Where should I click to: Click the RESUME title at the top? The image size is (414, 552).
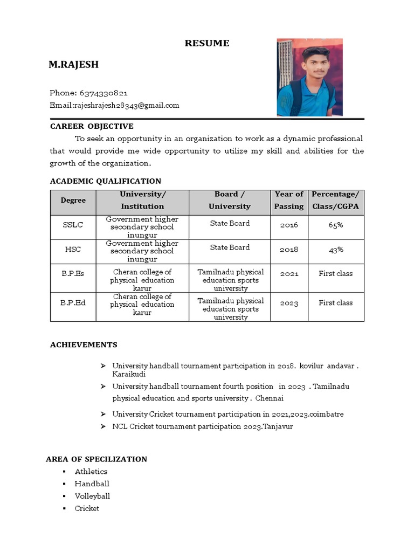(207, 43)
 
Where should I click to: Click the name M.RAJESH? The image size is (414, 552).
(73, 65)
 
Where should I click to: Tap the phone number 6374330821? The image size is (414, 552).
(103, 93)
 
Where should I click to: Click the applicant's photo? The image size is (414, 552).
(309, 77)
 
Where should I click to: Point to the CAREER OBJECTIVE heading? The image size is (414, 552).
(92, 126)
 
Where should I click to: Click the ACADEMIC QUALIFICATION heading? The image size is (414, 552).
(105, 181)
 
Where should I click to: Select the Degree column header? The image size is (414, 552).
(73, 200)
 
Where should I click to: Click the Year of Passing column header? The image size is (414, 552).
(289, 200)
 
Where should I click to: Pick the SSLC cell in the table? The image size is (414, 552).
(73, 225)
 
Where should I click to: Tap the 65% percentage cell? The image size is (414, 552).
(335, 225)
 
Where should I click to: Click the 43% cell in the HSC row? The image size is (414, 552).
(335, 250)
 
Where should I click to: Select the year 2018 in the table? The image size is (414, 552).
(289, 250)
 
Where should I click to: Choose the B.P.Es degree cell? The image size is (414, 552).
(73, 273)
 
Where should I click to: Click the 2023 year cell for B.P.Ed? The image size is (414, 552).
(289, 303)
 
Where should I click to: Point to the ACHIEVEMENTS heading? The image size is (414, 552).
(84, 344)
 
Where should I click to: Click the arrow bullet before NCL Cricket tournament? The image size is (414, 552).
(102, 426)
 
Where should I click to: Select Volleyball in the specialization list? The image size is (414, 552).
(92, 496)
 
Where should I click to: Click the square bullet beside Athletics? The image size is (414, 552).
(64, 472)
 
